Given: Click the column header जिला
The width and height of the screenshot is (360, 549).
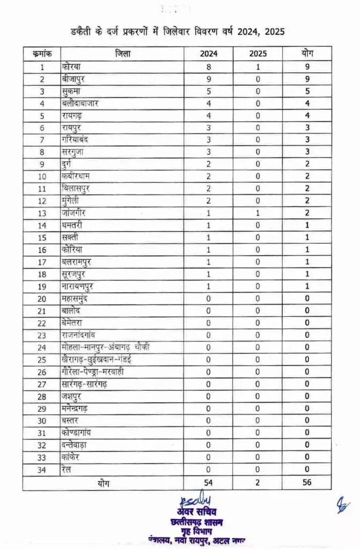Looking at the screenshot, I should tap(122, 54).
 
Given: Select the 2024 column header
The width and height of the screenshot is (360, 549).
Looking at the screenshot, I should tap(209, 54).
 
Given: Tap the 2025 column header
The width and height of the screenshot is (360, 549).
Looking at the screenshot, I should tap(258, 54).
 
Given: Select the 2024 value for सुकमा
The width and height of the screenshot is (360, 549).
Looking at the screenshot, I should tap(209, 91).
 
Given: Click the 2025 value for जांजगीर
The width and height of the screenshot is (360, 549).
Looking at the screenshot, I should tap(258, 213).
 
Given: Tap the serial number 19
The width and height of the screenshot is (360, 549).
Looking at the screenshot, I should tap(42, 286).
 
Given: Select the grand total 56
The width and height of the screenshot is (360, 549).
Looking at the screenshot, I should tap(307, 482).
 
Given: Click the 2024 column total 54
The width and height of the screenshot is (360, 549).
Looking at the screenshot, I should tap(209, 482).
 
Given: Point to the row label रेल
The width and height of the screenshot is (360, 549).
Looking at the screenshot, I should tap(67, 469).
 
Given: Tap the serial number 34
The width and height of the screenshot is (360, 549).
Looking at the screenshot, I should tap(42, 469).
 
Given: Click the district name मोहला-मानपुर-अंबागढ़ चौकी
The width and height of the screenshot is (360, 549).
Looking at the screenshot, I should tap(105, 347).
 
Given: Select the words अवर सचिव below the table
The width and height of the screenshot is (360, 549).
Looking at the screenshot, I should tap(185, 511).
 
